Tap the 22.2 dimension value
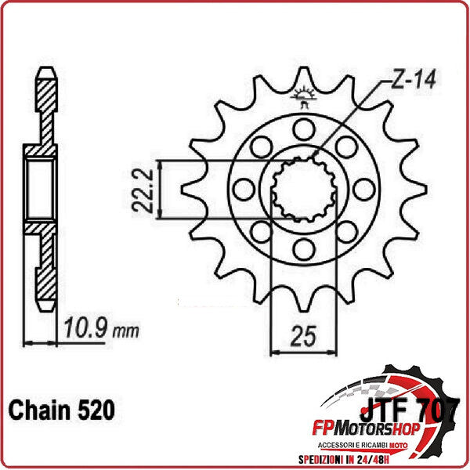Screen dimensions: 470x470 pyautogui.click(x=141, y=190)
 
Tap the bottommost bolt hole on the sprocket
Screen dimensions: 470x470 pyautogui.click(x=302, y=249)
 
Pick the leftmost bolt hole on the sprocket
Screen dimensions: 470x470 pyautogui.click(x=242, y=190)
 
